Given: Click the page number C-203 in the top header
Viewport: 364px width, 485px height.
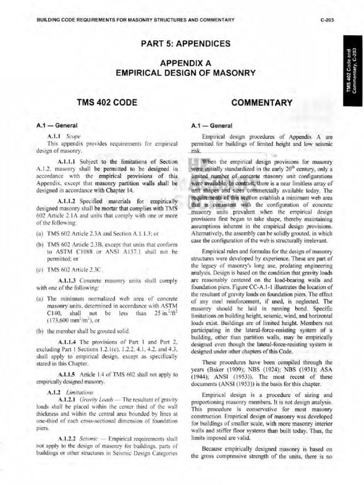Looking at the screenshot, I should click(328, 19).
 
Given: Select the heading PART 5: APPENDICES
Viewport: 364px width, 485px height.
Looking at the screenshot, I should click(185, 44).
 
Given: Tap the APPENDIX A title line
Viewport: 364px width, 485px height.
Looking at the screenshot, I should click(185, 63).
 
